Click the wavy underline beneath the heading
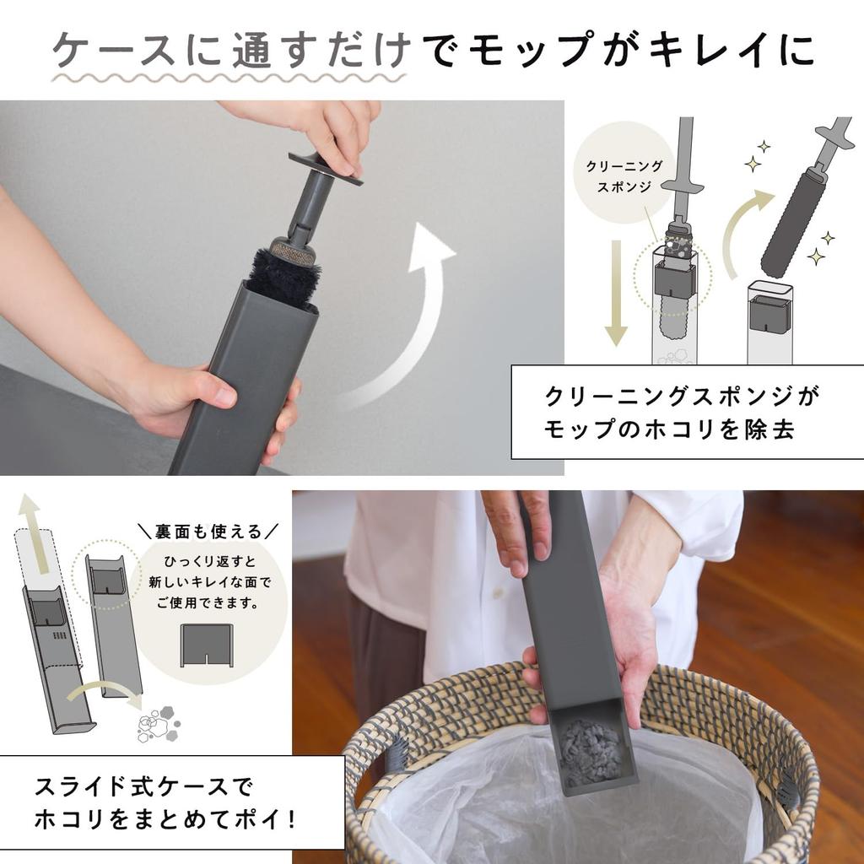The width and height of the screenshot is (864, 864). (x=228, y=77)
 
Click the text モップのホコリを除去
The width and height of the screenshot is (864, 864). (x=670, y=429)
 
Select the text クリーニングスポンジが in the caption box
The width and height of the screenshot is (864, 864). (x=683, y=395)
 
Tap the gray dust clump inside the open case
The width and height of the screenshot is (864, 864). (x=591, y=751)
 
